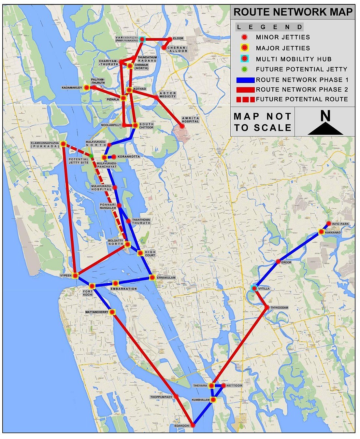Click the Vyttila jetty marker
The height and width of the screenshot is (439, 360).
254,288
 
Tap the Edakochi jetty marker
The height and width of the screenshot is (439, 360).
193,425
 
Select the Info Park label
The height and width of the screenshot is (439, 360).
340,224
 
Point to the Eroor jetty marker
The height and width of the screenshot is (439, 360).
278,262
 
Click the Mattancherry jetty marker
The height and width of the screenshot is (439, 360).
112,312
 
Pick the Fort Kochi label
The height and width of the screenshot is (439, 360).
88,293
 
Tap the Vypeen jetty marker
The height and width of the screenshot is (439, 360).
75,276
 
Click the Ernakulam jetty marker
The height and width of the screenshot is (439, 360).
152,277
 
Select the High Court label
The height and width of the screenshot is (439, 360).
150,253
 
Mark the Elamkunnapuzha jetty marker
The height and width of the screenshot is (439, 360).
63,144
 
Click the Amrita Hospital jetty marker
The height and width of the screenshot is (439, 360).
182,126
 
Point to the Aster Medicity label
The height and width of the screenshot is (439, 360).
168,95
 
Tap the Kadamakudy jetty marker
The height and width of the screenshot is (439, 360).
86,88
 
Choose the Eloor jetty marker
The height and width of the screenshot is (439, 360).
170,39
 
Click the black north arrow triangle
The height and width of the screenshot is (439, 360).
325,129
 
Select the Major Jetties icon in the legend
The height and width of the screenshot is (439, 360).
244,48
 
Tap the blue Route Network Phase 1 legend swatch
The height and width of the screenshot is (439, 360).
245,80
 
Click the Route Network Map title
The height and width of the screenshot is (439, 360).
293,12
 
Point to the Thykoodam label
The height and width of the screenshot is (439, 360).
279,307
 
